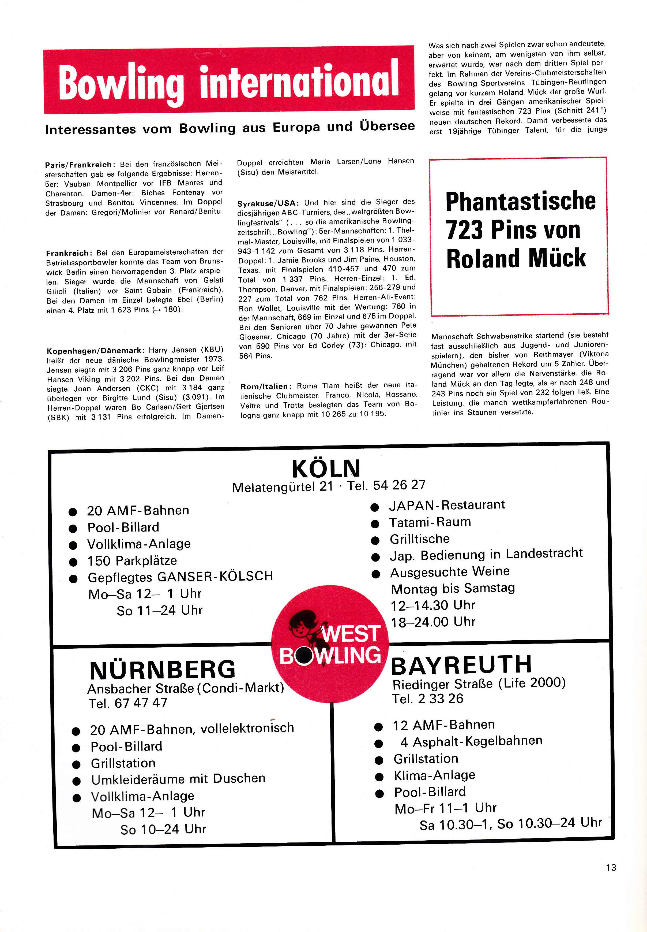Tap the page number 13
point(611,867)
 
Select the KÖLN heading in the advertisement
point(326,468)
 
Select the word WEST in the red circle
point(351,633)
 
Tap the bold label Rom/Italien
point(266,386)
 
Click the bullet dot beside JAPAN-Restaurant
point(375,507)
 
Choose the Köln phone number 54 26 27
point(399,485)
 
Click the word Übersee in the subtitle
point(387,126)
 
